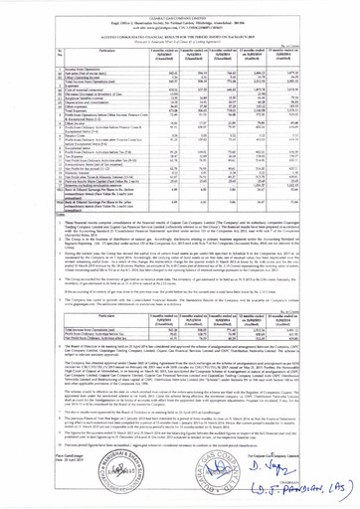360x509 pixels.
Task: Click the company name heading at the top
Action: pos(181,4)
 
